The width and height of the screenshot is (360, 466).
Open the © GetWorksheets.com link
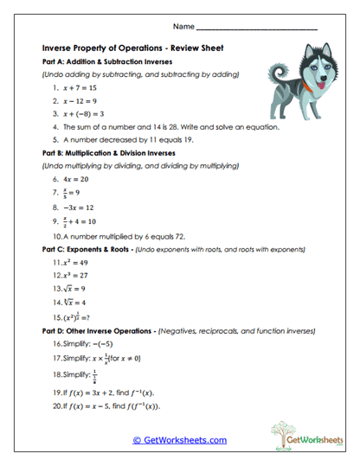(x=180, y=440)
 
